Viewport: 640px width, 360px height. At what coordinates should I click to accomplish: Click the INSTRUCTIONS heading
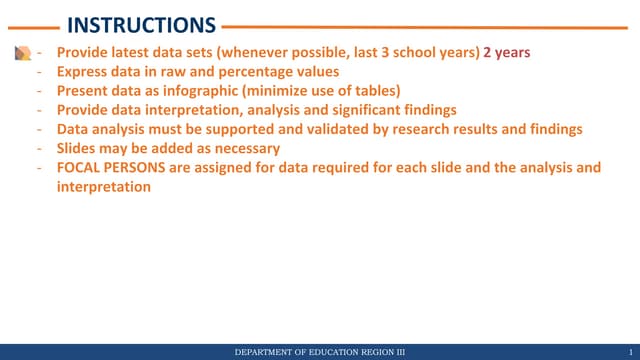click(x=140, y=25)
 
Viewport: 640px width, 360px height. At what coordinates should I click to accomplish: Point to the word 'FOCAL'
click(x=78, y=168)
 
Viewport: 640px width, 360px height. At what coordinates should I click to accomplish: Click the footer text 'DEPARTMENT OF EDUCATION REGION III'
click(x=319, y=352)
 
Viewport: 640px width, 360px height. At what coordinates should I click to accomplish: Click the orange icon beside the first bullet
click(x=22, y=54)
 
